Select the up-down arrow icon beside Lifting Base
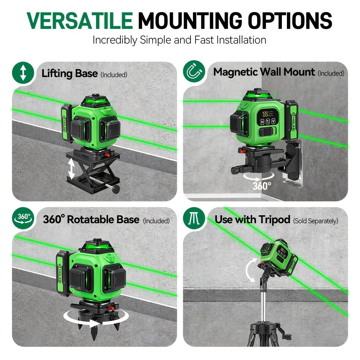(x=23, y=73)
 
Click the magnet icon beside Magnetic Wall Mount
(x=194, y=71)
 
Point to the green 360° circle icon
(x=23, y=219)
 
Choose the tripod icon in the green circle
(x=194, y=219)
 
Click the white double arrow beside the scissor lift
(x=72, y=169)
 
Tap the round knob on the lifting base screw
(x=116, y=189)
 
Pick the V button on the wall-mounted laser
(x=274, y=121)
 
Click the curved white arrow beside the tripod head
(x=250, y=270)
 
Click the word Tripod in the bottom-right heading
(x=274, y=220)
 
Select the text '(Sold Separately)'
(x=316, y=221)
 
